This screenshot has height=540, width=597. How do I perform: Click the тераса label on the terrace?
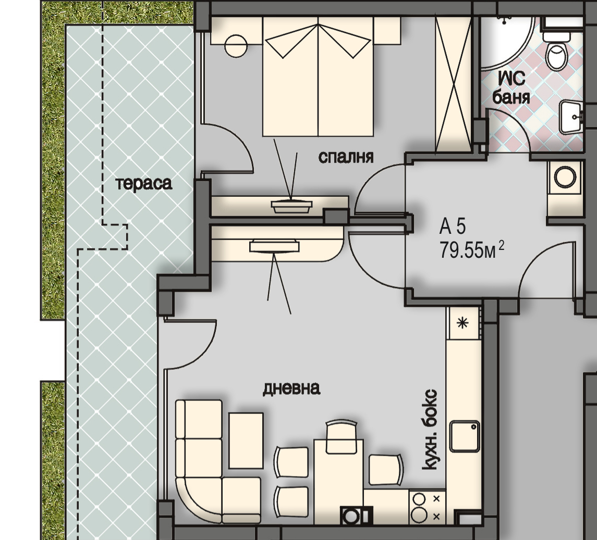point(144,184)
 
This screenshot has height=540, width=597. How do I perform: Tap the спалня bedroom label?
point(346,157)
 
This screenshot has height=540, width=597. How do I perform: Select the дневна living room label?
point(291,388)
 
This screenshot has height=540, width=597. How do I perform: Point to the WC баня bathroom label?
point(511,88)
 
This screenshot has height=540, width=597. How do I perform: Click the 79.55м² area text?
point(472,250)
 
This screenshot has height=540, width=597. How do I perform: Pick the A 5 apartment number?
point(453,227)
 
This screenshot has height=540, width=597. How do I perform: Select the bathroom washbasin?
point(571,117)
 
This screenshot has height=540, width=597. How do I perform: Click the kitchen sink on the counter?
point(465,436)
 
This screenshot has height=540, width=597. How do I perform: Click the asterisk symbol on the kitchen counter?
point(462,323)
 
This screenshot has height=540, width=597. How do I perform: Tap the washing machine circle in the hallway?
point(565,177)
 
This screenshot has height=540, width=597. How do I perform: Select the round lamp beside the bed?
point(236,46)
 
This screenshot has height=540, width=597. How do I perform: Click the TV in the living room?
point(274,246)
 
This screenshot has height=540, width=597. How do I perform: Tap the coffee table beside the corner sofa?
point(246,441)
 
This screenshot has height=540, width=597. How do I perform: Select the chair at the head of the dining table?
point(342,437)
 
